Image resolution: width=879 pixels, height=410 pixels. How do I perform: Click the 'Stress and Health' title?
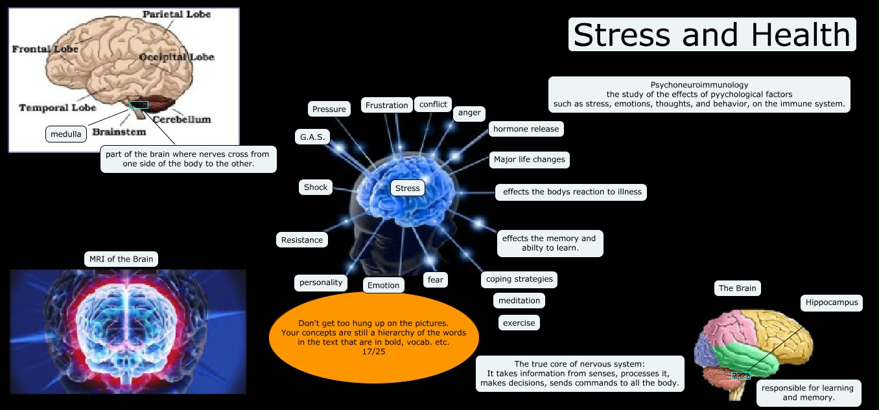point(712,34)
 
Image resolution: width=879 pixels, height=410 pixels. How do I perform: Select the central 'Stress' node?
point(408,188)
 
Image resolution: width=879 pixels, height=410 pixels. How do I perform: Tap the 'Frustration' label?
point(387,105)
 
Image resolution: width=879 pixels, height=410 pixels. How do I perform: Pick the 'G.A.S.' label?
point(312,137)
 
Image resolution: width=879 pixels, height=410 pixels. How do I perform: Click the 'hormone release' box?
point(526,129)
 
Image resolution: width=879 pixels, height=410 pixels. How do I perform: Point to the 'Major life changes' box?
point(529,159)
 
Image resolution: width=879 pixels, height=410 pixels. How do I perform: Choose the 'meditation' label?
point(519,301)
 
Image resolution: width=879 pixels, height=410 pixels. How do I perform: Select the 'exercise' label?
point(519,322)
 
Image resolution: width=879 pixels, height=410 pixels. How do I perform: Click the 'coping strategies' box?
point(519,279)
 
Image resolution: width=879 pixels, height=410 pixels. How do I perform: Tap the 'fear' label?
point(436,279)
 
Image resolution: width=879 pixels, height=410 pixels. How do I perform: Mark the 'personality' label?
point(321,282)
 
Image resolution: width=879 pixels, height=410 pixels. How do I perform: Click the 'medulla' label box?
point(66,134)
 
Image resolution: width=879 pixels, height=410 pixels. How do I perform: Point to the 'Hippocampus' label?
point(832,302)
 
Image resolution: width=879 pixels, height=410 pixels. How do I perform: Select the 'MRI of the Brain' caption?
point(121,259)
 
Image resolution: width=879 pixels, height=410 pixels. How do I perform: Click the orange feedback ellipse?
point(373,337)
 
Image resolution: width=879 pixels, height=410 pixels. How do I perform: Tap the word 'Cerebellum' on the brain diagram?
point(182,119)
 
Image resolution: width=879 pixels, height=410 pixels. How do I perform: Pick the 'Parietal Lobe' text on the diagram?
point(177,14)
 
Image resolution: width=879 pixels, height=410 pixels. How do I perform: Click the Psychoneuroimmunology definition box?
point(699,95)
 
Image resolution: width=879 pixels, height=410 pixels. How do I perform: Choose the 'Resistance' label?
point(302,240)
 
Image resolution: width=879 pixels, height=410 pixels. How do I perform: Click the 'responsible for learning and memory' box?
point(808,393)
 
